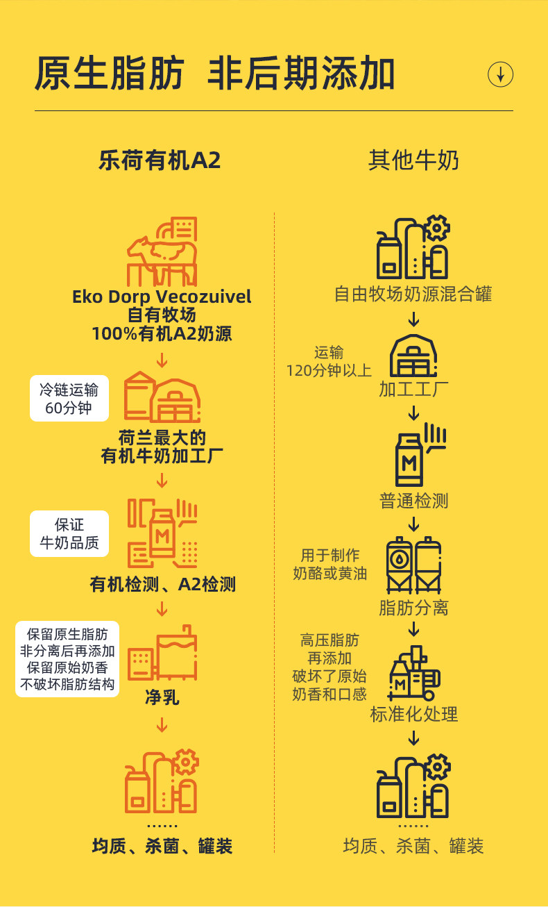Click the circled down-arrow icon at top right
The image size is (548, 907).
click(500, 74)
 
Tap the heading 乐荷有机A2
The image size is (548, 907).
click(160, 160)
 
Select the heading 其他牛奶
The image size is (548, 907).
click(413, 160)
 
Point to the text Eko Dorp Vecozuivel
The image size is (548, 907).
click(162, 297)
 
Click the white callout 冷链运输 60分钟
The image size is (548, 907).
click(69, 399)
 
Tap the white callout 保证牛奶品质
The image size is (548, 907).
click(69, 533)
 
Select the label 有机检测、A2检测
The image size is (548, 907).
click(163, 584)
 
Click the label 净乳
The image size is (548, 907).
click(162, 697)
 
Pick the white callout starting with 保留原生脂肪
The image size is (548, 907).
click(67, 659)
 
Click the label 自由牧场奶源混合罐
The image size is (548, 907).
click(413, 294)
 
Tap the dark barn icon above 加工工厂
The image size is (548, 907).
click(413, 356)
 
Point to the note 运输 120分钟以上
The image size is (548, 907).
click(329, 361)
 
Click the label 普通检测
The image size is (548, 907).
click(413, 500)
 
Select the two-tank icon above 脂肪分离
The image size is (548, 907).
click(413, 564)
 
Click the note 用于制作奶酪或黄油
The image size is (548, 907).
click(330, 565)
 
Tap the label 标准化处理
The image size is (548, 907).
click(413, 714)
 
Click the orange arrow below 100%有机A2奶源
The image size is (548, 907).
click(162, 360)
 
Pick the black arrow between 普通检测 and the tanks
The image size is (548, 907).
click(413, 523)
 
